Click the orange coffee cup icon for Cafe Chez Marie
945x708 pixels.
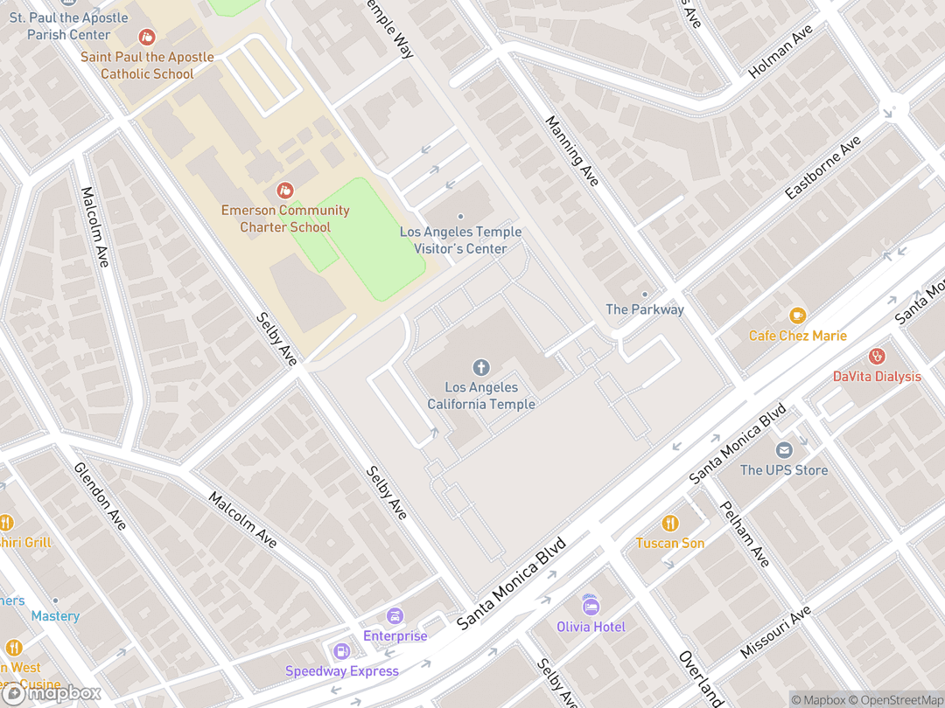pyautogui.click(x=796, y=316)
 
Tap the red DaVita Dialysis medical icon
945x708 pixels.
pyautogui.click(x=877, y=357)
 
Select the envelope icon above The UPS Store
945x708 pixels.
pyautogui.click(x=783, y=450)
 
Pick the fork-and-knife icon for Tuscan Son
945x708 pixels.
pyautogui.click(x=669, y=524)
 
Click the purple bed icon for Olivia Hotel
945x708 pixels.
pyautogui.click(x=591, y=607)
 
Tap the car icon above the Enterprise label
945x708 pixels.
pyautogui.click(x=395, y=616)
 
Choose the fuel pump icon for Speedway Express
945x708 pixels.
pyautogui.click(x=341, y=651)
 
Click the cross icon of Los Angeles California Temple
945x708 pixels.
pyautogui.click(x=480, y=367)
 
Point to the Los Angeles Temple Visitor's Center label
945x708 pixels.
pyautogui.click(x=460, y=239)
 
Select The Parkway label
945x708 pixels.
pyautogui.click(x=645, y=309)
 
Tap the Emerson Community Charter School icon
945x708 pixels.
pyautogui.click(x=284, y=190)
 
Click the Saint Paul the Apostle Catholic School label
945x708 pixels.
pyautogui.click(x=147, y=66)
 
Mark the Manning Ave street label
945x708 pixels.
pyautogui.click(x=572, y=150)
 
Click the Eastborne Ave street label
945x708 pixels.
pyautogui.click(x=823, y=168)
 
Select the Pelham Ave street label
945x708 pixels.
pyautogui.click(x=744, y=534)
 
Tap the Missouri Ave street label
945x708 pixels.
pyautogui.click(x=775, y=633)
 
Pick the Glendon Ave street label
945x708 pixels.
pyautogui.click(x=100, y=496)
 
